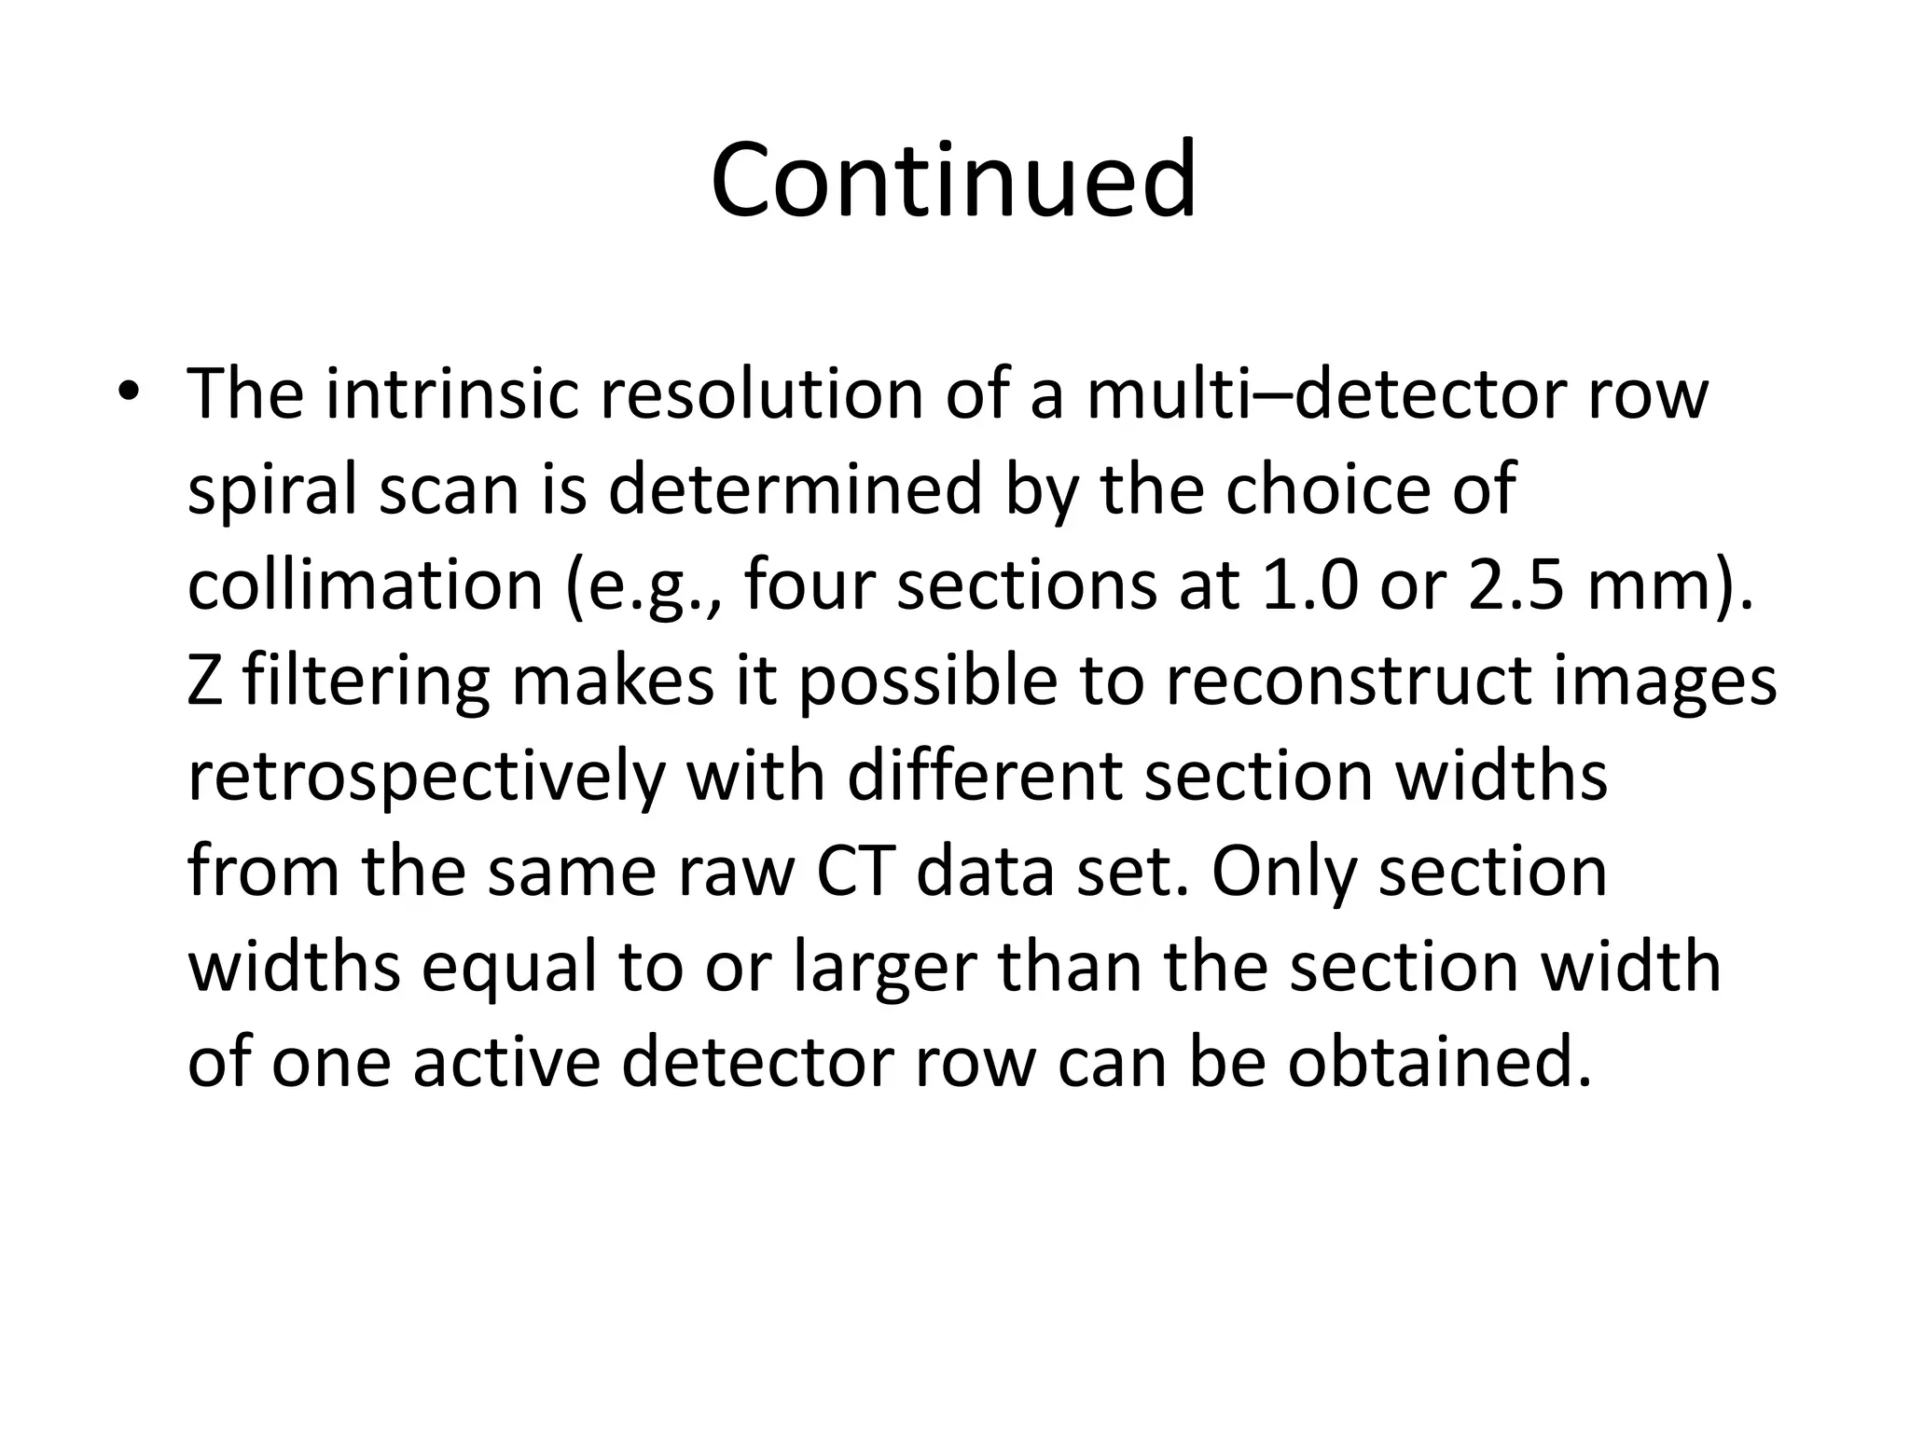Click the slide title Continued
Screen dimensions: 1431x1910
point(953,179)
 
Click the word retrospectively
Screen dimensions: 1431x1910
point(426,778)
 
